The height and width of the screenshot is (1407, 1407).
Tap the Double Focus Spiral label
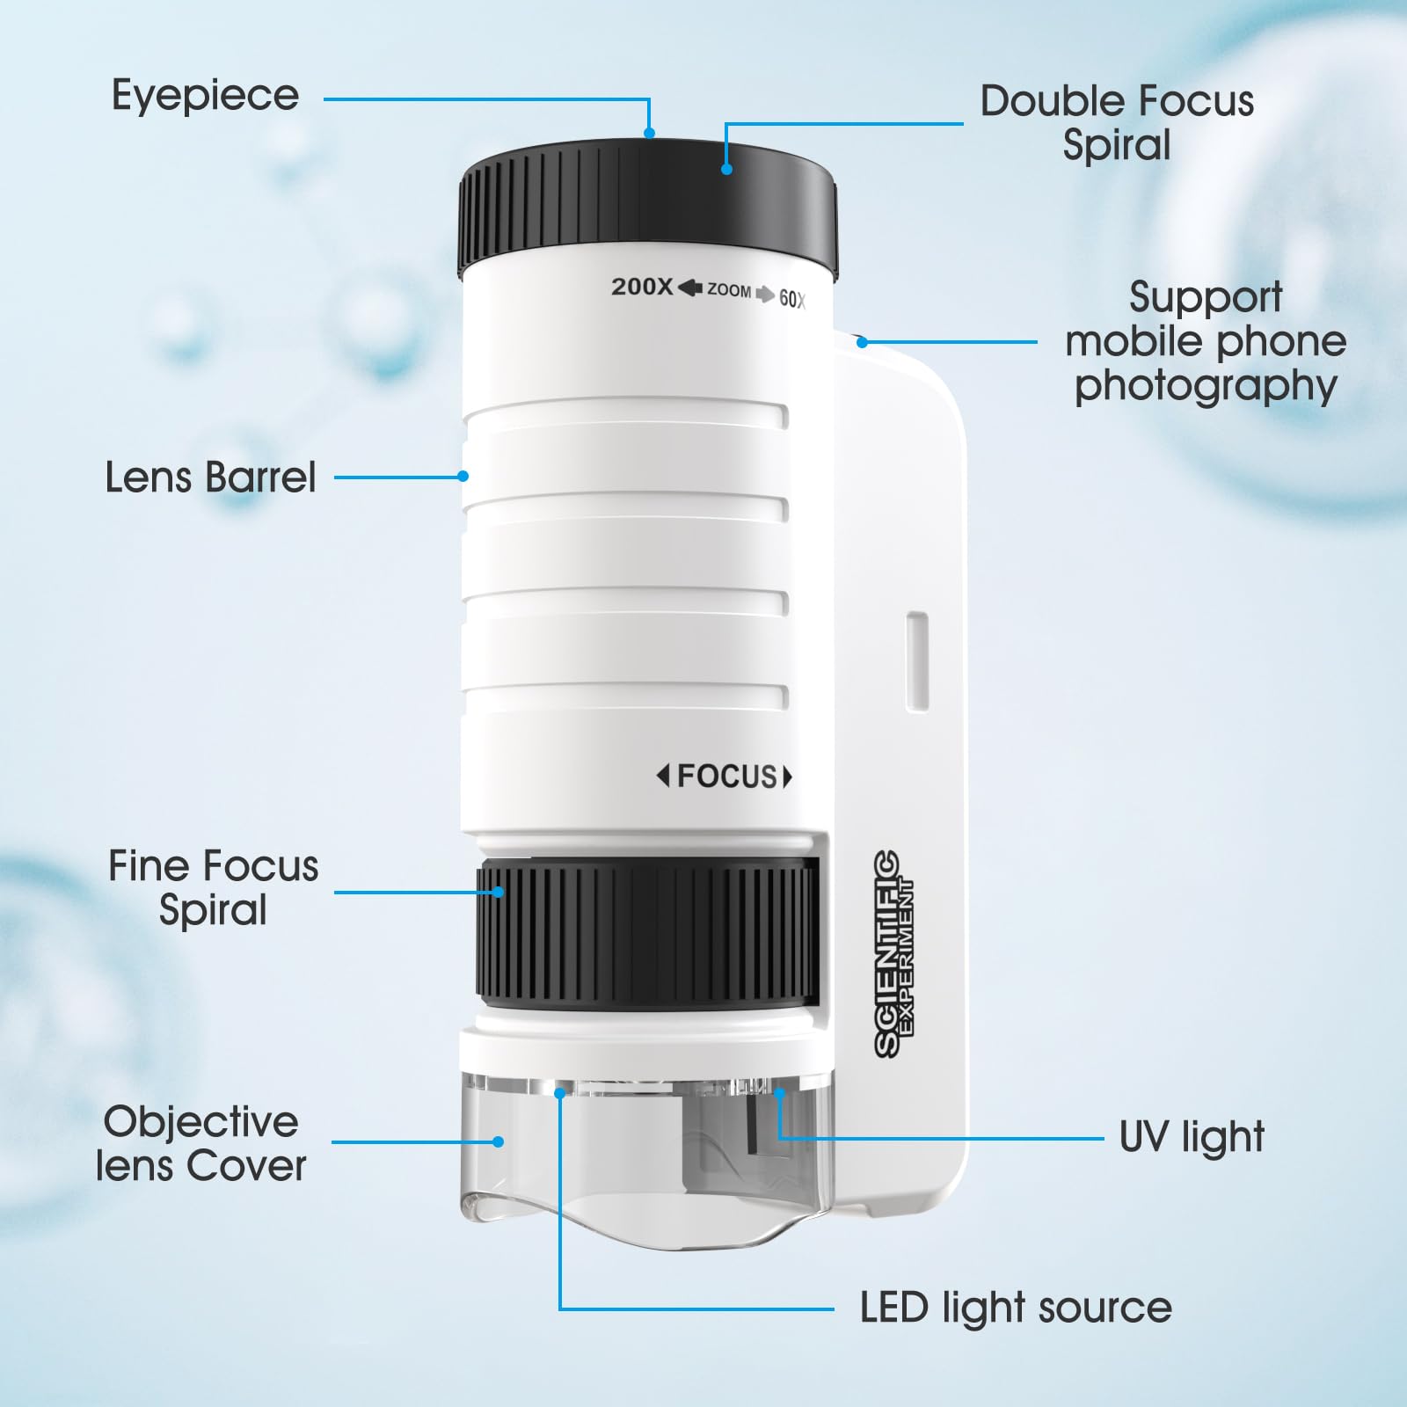(1117, 123)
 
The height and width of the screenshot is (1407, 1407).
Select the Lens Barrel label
(210, 478)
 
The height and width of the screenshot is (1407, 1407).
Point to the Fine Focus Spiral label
(213, 887)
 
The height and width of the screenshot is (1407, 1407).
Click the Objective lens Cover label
(201, 1143)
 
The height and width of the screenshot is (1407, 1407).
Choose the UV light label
(1192, 1136)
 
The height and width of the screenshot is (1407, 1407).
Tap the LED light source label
(1016, 1308)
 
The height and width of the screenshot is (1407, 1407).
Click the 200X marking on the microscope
(642, 287)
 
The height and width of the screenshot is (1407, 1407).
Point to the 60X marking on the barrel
(792, 299)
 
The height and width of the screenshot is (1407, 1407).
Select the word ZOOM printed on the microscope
(729, 290)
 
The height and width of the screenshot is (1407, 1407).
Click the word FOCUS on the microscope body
(727, 776)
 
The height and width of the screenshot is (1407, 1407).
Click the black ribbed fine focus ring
(647, 933)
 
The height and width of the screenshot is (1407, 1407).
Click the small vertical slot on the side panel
(917, 662)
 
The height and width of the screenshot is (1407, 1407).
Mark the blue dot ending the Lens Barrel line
(463, 477)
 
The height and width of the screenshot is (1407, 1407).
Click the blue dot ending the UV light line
(778, 1093)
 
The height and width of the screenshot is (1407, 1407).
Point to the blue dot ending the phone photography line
(863, 342)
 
